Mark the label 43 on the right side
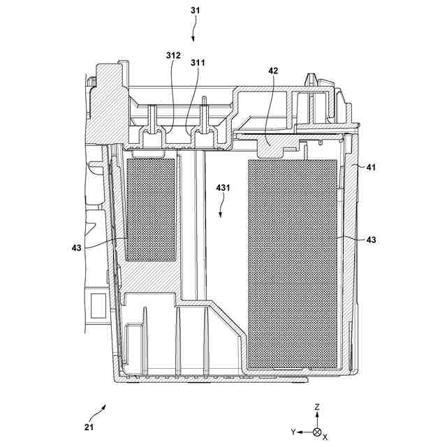point(371,240)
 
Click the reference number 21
point(89,427)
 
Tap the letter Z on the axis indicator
point(316,406)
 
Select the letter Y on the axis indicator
point(294,433)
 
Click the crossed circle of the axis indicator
point(316,432)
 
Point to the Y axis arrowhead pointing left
point(302,432)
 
